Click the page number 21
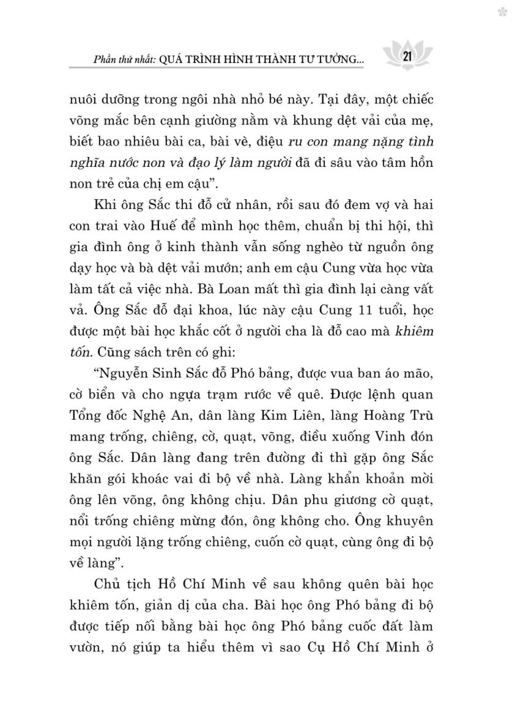click(x=406, y=56)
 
